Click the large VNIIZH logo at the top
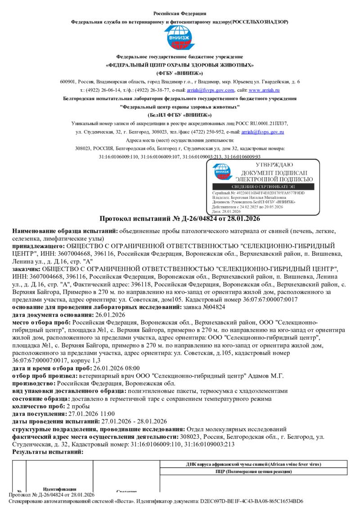click(180, 38)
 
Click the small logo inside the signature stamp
click(223, 171)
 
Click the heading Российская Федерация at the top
click(180, 13)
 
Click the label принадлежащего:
click(38, 246)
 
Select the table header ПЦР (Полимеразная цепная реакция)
click(253, 472)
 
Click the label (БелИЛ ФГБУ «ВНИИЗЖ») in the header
click(180, 115)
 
